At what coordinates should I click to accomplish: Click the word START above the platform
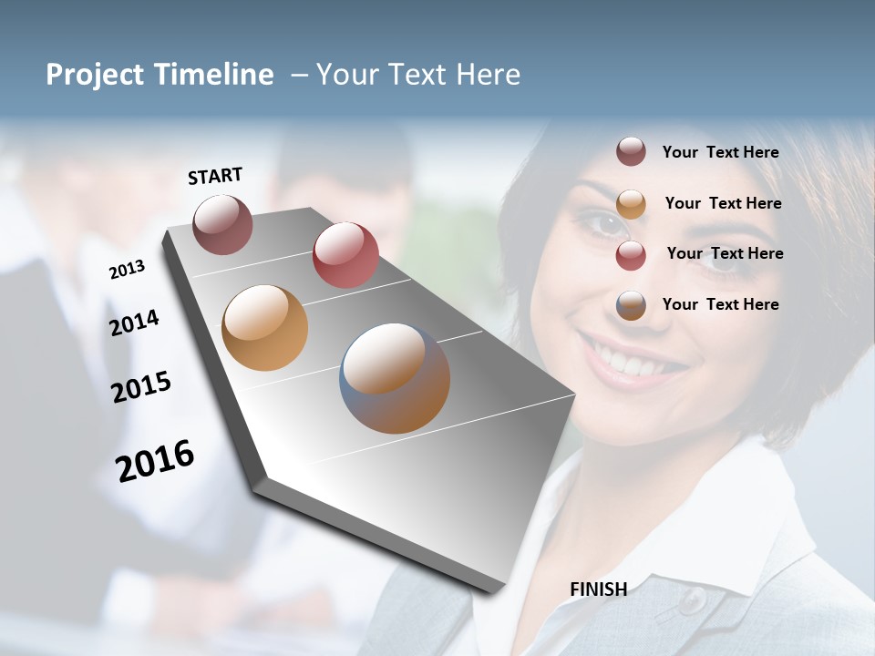tap(215, 176)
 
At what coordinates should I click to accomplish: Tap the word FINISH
tap(599, 589)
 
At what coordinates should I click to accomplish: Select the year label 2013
tap(127, 269)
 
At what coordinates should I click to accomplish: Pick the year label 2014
tap(134, 323)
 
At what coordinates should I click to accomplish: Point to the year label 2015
tap(141, 387)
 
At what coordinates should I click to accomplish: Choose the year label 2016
tap(155, 460)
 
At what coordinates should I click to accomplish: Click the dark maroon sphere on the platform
tap(223, 224)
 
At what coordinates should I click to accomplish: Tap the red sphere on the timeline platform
tap(345, 255)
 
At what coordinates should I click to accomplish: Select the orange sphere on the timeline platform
tap(264, 327)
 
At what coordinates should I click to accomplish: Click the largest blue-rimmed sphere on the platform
tap(395, 377)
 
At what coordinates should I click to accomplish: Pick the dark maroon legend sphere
tap(631, 152)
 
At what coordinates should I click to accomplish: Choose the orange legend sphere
tap(631, 203)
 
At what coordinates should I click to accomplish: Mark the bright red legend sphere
tap(631, 254)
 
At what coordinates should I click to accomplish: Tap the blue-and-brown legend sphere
tap(631, 305)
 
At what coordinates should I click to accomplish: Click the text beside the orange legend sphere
tap(723, 203)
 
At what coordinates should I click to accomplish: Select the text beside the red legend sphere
tap(725, 253)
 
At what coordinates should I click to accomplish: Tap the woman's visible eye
tap(600, 221)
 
